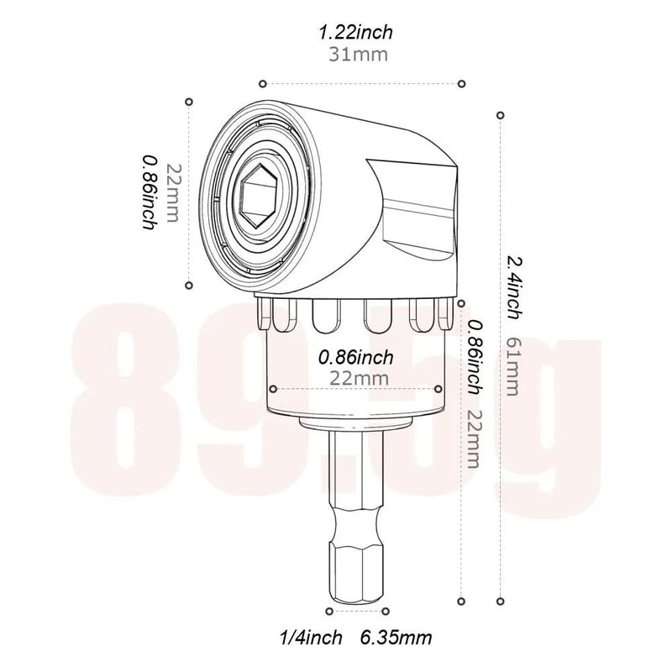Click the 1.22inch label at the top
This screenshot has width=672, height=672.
(355, 33)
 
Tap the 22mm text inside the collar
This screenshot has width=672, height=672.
(359, 378)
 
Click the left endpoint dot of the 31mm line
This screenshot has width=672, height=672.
(263, 83)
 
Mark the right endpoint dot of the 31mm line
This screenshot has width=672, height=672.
(461, 83)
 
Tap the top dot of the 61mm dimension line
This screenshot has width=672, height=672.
(501, 114)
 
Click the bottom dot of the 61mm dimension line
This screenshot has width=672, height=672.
(501, 601)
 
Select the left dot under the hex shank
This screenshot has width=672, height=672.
(330, 611)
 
